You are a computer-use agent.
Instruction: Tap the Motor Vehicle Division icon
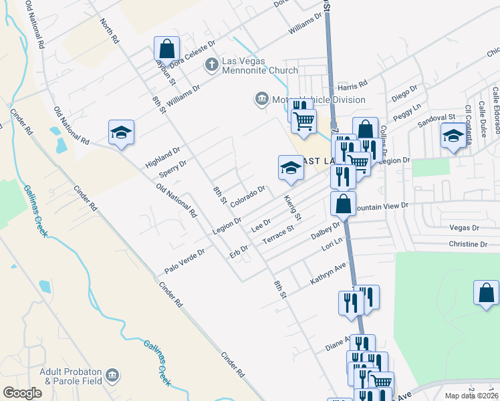coord(261,100)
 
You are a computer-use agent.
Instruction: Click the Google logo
coord(22,393)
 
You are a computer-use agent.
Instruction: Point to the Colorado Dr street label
coord(248,190)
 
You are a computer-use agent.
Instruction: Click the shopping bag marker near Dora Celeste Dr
coord(166,49)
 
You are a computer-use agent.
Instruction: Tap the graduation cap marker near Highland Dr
coord(121,133)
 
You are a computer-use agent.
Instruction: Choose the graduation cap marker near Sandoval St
coord(453,136)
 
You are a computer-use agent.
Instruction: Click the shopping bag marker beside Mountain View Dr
coord(343,205)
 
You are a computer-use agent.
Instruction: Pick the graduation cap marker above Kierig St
coord(291,168)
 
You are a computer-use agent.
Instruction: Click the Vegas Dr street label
coord(466,227)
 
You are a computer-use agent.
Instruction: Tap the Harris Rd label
coord(352,86)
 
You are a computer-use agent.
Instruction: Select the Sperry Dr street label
coord(172,169)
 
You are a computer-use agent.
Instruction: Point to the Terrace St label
coord(278,235)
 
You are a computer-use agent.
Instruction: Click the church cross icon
coord(212,65)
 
